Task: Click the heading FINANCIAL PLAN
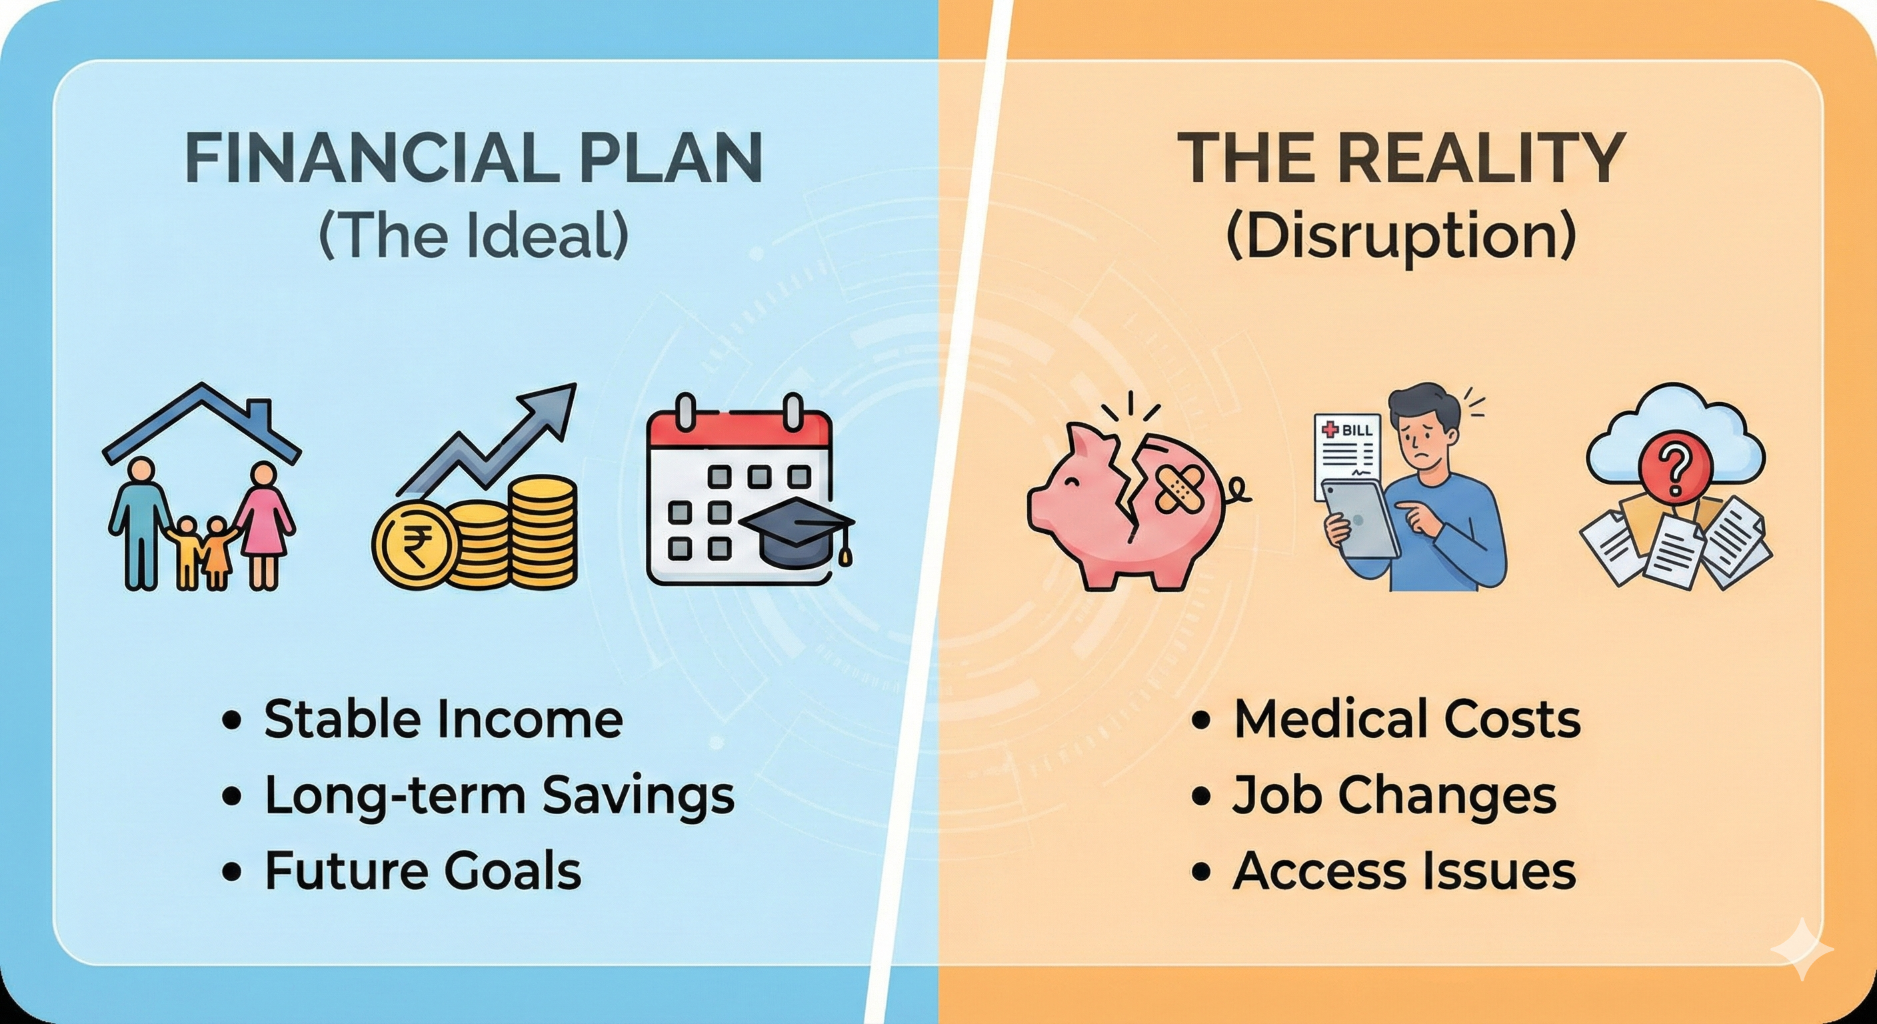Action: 474,158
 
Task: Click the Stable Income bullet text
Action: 443,719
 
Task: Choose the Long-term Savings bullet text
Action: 499,795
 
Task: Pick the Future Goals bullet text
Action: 423,870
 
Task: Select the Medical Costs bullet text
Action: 1407,719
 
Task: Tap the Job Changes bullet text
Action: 1394,795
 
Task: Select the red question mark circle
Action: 1674,470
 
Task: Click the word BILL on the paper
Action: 1356,430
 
